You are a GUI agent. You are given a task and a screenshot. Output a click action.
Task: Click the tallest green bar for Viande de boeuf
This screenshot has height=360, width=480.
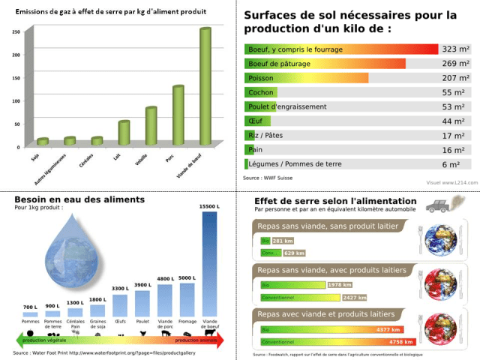point(205,86)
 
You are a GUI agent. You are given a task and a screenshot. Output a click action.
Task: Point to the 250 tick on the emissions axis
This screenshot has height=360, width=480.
point(16,32)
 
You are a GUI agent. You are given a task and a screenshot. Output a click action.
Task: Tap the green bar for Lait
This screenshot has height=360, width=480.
point(124,132)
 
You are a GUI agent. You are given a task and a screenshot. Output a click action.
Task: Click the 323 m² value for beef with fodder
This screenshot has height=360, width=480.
point(455,49)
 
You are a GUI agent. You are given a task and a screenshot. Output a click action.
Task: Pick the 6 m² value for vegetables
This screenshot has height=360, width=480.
point(451,164)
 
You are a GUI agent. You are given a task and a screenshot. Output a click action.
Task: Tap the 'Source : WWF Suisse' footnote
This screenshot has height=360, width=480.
point(268,178)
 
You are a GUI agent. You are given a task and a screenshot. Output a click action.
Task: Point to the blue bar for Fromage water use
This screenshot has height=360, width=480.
point(187,299)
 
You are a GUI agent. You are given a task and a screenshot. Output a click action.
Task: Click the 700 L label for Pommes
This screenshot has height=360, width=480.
point(30,307)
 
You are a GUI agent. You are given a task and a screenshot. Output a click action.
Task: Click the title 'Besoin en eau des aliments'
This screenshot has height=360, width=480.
point(68,199)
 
